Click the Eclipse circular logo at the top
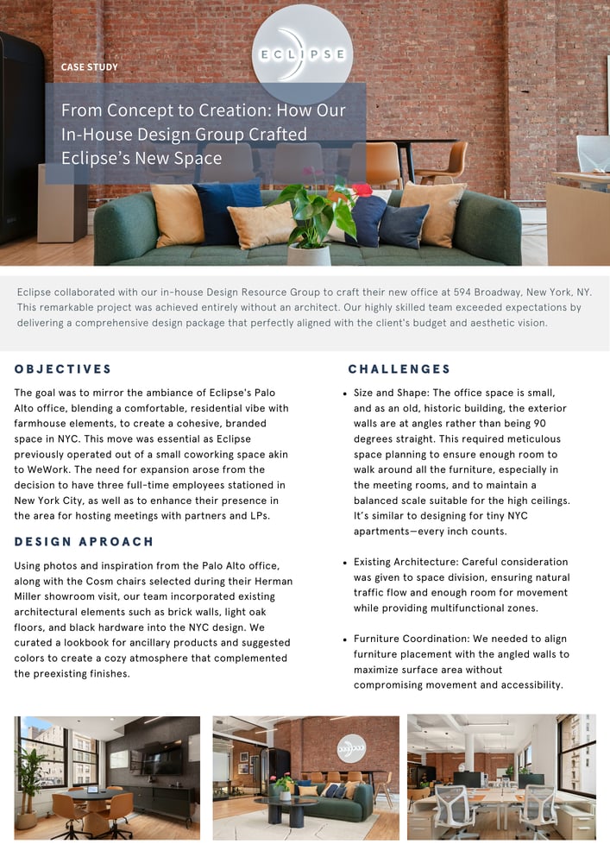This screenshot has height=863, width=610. point(302,54)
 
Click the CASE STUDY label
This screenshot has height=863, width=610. point(90,66)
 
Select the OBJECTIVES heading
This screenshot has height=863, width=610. point(63,369)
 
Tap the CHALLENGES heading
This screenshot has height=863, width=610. point(399,369)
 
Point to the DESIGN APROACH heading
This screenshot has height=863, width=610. point(84,542)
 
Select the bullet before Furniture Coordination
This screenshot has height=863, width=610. point(345,639)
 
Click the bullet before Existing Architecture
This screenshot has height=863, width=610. point(345,562)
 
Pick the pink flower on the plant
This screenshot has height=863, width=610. point(362,190)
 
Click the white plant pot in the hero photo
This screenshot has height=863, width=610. point(309,254)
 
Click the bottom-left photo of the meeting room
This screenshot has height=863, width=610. point(107,777)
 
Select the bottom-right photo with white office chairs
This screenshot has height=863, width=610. point(501,777)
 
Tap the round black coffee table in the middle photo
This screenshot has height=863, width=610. point(287,804)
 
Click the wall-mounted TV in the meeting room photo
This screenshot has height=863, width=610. point(163,759)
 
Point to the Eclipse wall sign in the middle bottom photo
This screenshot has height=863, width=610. point(351,746)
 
